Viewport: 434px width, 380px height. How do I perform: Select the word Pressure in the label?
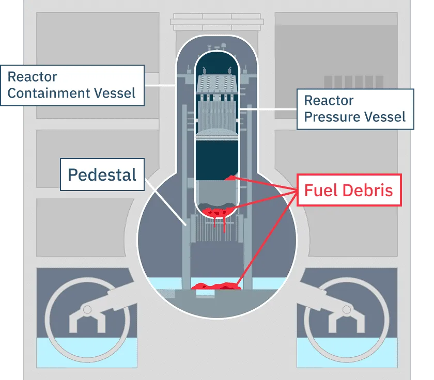(x=336, y=117)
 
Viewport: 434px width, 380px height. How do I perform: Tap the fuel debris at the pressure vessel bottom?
(x=217, y=212)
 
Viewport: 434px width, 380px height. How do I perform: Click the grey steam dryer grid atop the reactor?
(x=217, y=83)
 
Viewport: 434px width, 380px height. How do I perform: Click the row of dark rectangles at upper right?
(x=345, y=83)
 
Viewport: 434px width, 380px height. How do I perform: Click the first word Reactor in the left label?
(x=32, y=77)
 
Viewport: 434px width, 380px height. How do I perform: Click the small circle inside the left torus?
(x=87, y=309)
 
